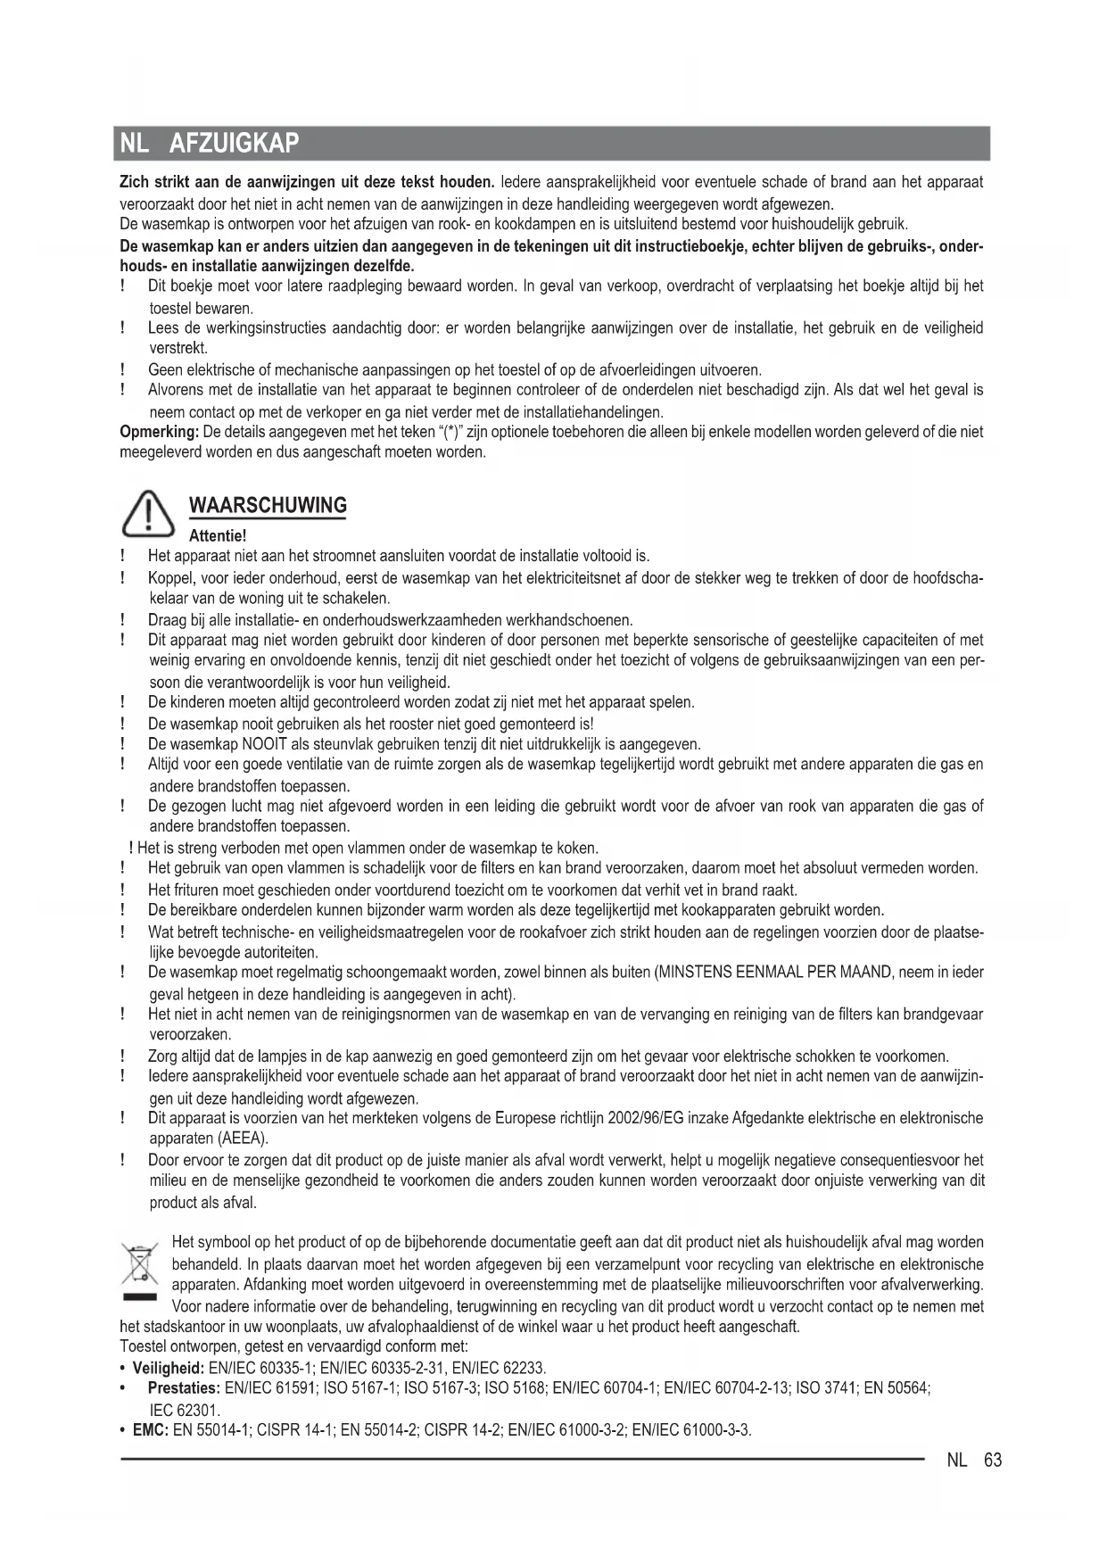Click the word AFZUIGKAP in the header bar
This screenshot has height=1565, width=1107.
pos(234,143)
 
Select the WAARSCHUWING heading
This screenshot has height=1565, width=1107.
pos(268,506)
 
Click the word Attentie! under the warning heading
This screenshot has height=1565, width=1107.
pos(218,536)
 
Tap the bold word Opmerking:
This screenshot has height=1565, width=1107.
pos(159,432)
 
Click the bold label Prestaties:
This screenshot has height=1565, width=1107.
pos(184,1388)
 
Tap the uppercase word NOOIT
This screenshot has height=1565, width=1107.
pos(263,744)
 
